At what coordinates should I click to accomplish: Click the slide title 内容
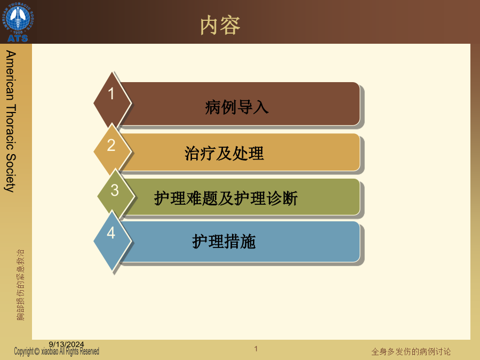pos(220,26)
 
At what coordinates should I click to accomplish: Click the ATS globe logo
pos(18,21)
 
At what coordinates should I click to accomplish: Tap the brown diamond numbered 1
pos(113,101)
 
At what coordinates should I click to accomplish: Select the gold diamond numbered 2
pos(113,150)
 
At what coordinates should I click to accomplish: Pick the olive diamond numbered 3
pos(116,194)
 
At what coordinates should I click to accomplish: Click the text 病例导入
pos(237,107)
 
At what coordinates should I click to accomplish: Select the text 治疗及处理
pos(224,154)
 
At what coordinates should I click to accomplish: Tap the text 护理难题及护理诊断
pos(226,198)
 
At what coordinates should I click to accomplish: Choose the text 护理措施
pos(224,242)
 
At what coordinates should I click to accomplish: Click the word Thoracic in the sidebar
pos(11,127)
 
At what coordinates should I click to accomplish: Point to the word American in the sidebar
pos(11,76)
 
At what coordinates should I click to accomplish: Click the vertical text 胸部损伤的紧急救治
pos(20,285)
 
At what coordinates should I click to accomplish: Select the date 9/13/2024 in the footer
pos(66,345)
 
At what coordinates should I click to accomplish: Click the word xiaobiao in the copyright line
pos(50,351)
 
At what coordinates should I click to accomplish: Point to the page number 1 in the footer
pos(256,349)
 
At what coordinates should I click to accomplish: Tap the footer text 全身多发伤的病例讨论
pos(411,351)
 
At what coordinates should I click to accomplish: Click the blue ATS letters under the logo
pos(18,38)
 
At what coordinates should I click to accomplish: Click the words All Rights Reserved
pos(79,351)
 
